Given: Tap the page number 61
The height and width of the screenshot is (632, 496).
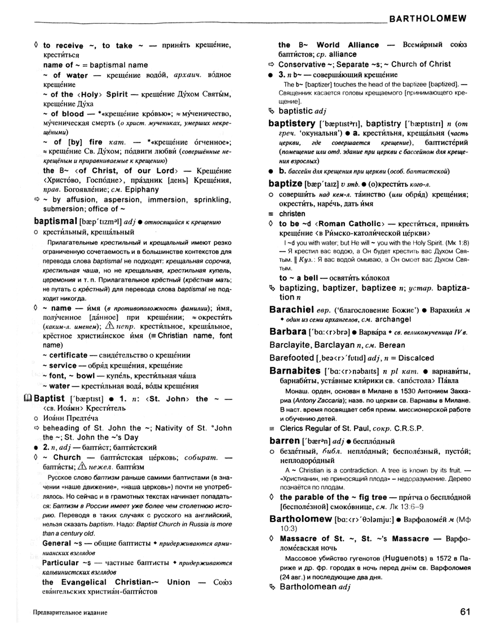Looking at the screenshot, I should (x=464, y=611).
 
